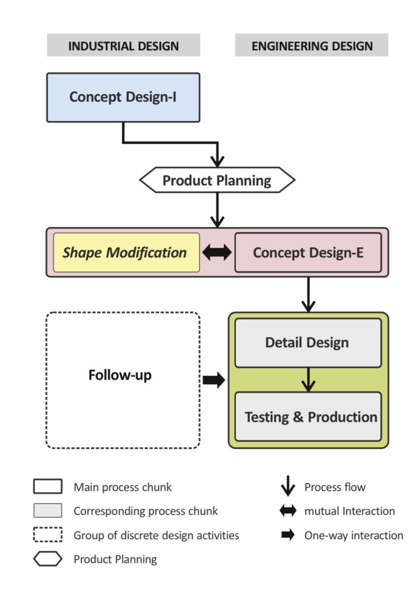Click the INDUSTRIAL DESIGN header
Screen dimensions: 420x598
[x=123, y=46]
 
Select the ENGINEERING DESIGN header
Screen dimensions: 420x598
[x=312, y=46]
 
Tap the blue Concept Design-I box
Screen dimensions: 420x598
[x=123, y=97]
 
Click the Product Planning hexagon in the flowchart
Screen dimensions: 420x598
[x=217, y=180]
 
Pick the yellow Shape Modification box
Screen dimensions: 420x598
[x=126, y=252]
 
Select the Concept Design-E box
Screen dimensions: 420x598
[x=308, y=252]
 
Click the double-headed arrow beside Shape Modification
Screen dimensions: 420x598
[x=217, y=252]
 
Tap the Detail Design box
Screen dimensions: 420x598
[x=308, y=343]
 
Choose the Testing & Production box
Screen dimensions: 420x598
[x=308, y=416]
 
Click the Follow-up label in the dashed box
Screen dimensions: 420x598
[x=120, y=375]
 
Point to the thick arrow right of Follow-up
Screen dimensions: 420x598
[x=214, y=380]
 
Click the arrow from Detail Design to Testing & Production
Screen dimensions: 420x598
[x=308, y=380]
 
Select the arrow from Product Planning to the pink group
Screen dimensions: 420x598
[x=217, y=210]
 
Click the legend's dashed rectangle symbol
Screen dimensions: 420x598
[x=48, y=535]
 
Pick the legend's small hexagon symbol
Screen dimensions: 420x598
[x=48, y=559]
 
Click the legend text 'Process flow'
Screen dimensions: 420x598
[x=335, y=487]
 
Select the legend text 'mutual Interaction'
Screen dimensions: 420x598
[x=349, y=511]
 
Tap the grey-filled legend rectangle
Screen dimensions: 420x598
[x=48, y=511]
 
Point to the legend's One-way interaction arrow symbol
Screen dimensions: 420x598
[x=288, y=535]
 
